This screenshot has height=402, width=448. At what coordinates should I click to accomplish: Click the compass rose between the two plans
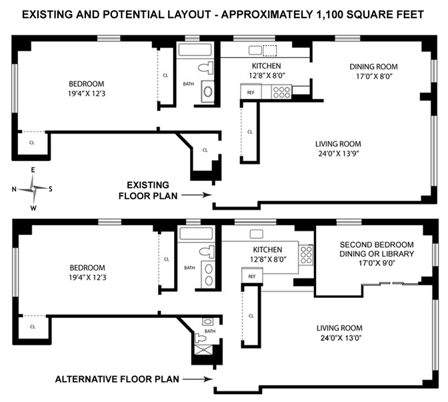[34, 189]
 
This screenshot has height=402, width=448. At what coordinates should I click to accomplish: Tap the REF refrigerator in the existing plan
[251, 91]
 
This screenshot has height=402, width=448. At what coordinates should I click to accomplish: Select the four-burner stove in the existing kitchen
[281, 92]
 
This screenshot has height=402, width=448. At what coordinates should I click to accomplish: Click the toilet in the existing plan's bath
[206, 68]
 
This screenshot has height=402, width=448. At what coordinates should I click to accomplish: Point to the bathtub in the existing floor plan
[195, 50]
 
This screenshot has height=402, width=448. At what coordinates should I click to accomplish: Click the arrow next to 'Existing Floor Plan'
[197, 195]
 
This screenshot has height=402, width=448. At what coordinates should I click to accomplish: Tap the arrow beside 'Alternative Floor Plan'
[198, 379]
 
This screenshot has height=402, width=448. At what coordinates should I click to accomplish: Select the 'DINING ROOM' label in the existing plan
[374, 67]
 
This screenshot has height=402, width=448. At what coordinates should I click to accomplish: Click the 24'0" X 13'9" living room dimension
[339, 154]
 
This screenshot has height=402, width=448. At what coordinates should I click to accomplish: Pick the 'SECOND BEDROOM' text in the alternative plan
[377, 244]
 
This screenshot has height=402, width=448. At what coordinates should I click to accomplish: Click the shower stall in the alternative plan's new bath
[203, 350]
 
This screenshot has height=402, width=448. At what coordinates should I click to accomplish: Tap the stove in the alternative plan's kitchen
[306, 254]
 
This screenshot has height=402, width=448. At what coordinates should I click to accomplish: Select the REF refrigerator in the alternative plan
[252, 276]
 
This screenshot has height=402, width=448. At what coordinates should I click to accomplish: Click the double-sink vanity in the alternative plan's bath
[209, 274]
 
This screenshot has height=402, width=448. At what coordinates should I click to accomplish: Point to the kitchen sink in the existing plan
[255, 50]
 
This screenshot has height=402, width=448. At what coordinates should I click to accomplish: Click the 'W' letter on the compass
[33, 208]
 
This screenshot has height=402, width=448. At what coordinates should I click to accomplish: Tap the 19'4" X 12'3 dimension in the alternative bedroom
[87, 278]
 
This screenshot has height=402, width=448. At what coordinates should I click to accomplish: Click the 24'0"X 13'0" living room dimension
[341, 338]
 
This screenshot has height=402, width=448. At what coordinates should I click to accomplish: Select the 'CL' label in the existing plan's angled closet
[205, 150]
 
